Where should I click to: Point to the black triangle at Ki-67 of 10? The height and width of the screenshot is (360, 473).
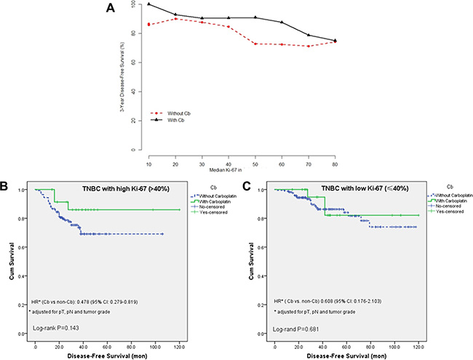click(x=148, y=4)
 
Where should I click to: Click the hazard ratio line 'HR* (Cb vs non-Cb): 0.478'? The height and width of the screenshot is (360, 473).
click(x=94, y=300)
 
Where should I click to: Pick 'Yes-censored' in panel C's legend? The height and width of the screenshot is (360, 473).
click(x=443, y=212)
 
